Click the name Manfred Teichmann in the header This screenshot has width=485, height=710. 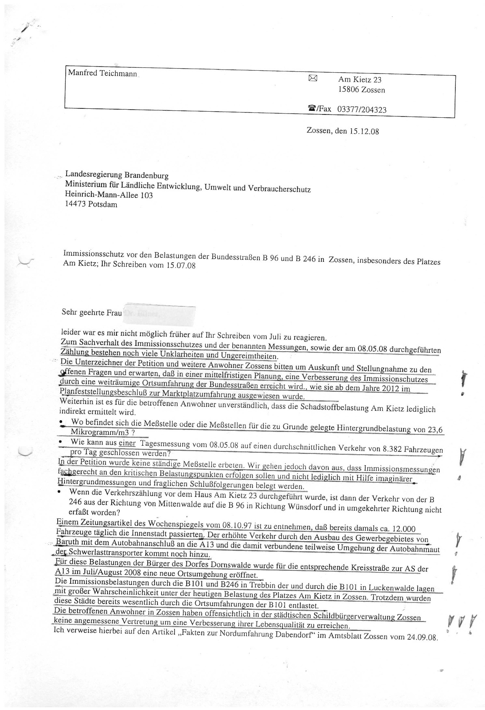(102, 73)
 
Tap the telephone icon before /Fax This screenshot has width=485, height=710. (312, 108)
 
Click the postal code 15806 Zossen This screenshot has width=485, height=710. (361, 90)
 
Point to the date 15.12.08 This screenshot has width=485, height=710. (364, 132)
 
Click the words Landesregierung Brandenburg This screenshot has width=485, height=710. (117, 175)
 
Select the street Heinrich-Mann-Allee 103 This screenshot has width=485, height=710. (109, 195)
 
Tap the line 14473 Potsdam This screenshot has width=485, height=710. (91, 204)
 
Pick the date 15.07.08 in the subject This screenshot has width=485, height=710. (181, 265)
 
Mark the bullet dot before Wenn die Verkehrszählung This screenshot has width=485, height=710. (60, 492)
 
